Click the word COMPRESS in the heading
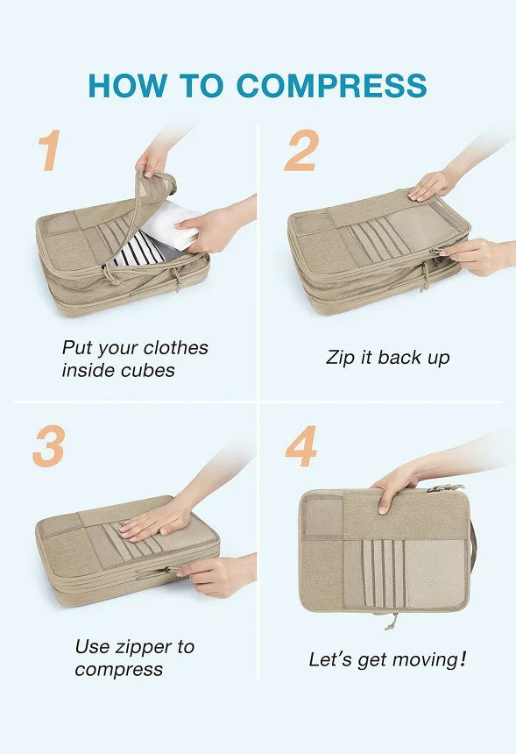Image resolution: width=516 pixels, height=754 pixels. click(331, 86)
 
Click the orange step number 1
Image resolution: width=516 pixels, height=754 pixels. click(49, 150)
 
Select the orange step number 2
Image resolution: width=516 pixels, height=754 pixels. click(301, 150)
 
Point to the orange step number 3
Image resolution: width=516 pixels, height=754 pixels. click(48, 445)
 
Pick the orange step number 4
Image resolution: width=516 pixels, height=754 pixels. click(301, 445)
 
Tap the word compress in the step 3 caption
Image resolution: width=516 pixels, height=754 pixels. click(118, 670)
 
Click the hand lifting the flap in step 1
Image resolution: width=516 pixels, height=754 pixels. click(152, 159)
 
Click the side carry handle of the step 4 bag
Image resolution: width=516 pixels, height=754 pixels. click(474, 548)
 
